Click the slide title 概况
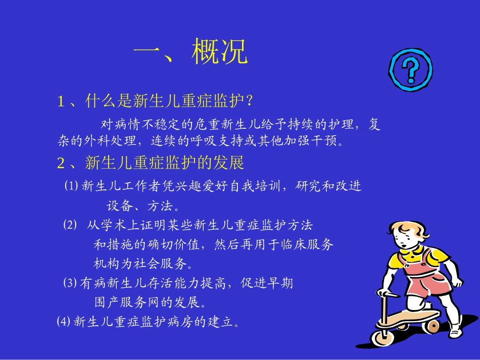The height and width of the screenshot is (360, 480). pos(219,52)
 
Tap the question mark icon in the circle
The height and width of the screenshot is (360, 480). pos(410,70)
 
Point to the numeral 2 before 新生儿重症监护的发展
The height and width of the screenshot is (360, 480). pos(61,163)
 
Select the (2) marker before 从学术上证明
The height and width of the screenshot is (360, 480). pos(70,225)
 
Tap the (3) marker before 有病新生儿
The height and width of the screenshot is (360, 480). pos(70,283)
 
